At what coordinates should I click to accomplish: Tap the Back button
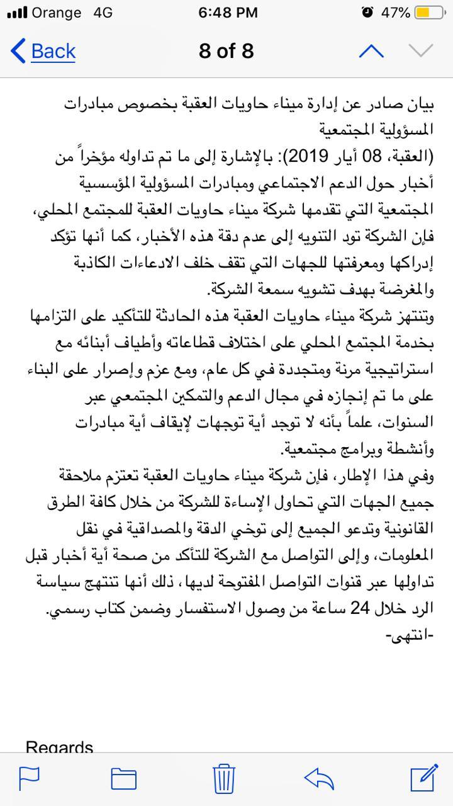coord(44,51)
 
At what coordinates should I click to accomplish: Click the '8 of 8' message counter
coord(226,51)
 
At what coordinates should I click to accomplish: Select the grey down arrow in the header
coord(421,51)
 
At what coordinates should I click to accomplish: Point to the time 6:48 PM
coord(228,13)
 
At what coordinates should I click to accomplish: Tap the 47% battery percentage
coord(395,13)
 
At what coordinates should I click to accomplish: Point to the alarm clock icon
coord(368,13)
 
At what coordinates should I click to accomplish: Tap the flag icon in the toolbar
coord(30,778)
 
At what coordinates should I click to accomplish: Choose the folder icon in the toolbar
coord(124,778)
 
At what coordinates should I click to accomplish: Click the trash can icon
coord(224,778)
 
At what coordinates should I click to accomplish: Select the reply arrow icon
coord(318,778)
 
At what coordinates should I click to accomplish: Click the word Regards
coord(60,748)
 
